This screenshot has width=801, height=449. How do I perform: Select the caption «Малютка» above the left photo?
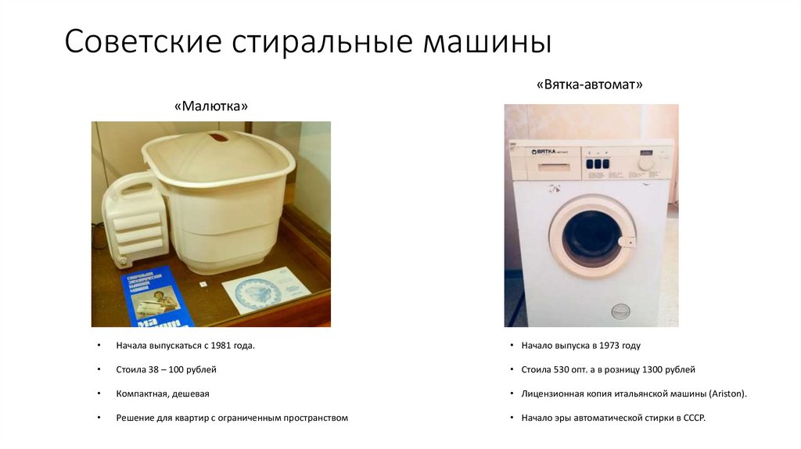(216, 106)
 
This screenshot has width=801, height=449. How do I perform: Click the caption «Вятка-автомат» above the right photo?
(590, 84)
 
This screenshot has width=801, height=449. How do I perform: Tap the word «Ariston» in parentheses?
(726, 393)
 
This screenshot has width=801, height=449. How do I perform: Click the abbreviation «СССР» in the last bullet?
(692, 418)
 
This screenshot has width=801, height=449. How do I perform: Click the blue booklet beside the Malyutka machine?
(156, 296)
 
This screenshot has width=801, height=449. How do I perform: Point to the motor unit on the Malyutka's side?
(135, 219)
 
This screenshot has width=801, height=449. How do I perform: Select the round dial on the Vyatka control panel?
(645, 163)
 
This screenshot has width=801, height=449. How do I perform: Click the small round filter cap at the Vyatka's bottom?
(620, 311)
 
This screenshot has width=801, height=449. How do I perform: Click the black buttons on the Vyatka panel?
(597, 164)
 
